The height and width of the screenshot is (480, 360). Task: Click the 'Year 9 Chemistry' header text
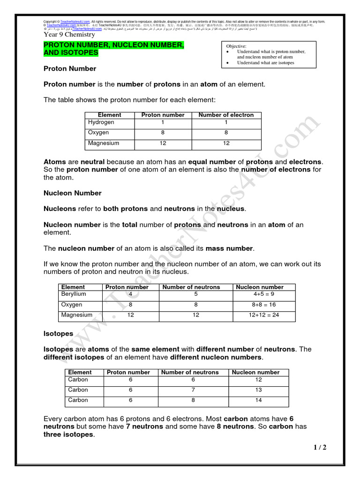(69, 34)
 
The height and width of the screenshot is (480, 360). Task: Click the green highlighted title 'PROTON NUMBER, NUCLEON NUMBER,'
(113, 45)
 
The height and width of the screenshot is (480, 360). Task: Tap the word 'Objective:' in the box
(237, 46)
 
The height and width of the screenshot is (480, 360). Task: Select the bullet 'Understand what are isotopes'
(265, 62)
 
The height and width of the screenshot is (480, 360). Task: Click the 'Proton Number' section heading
(70, 69)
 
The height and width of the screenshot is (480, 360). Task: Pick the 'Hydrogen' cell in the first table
(101, 122)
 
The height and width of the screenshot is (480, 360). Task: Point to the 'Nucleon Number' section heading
(73, 193)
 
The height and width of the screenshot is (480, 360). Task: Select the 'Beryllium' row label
(74, 294)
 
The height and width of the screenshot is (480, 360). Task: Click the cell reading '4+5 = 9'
(265, 294)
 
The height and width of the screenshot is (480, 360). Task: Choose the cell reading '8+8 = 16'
(265, 305)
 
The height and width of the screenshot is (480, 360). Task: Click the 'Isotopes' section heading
(59, 334)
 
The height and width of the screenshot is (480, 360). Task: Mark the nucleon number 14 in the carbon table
(258, 400)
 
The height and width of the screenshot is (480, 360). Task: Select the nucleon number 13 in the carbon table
(258, 390)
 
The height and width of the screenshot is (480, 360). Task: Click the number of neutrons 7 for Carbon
(193, 390)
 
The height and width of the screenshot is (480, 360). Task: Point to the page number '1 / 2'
(320, 448)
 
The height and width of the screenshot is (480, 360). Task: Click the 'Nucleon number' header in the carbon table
(255, 372)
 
